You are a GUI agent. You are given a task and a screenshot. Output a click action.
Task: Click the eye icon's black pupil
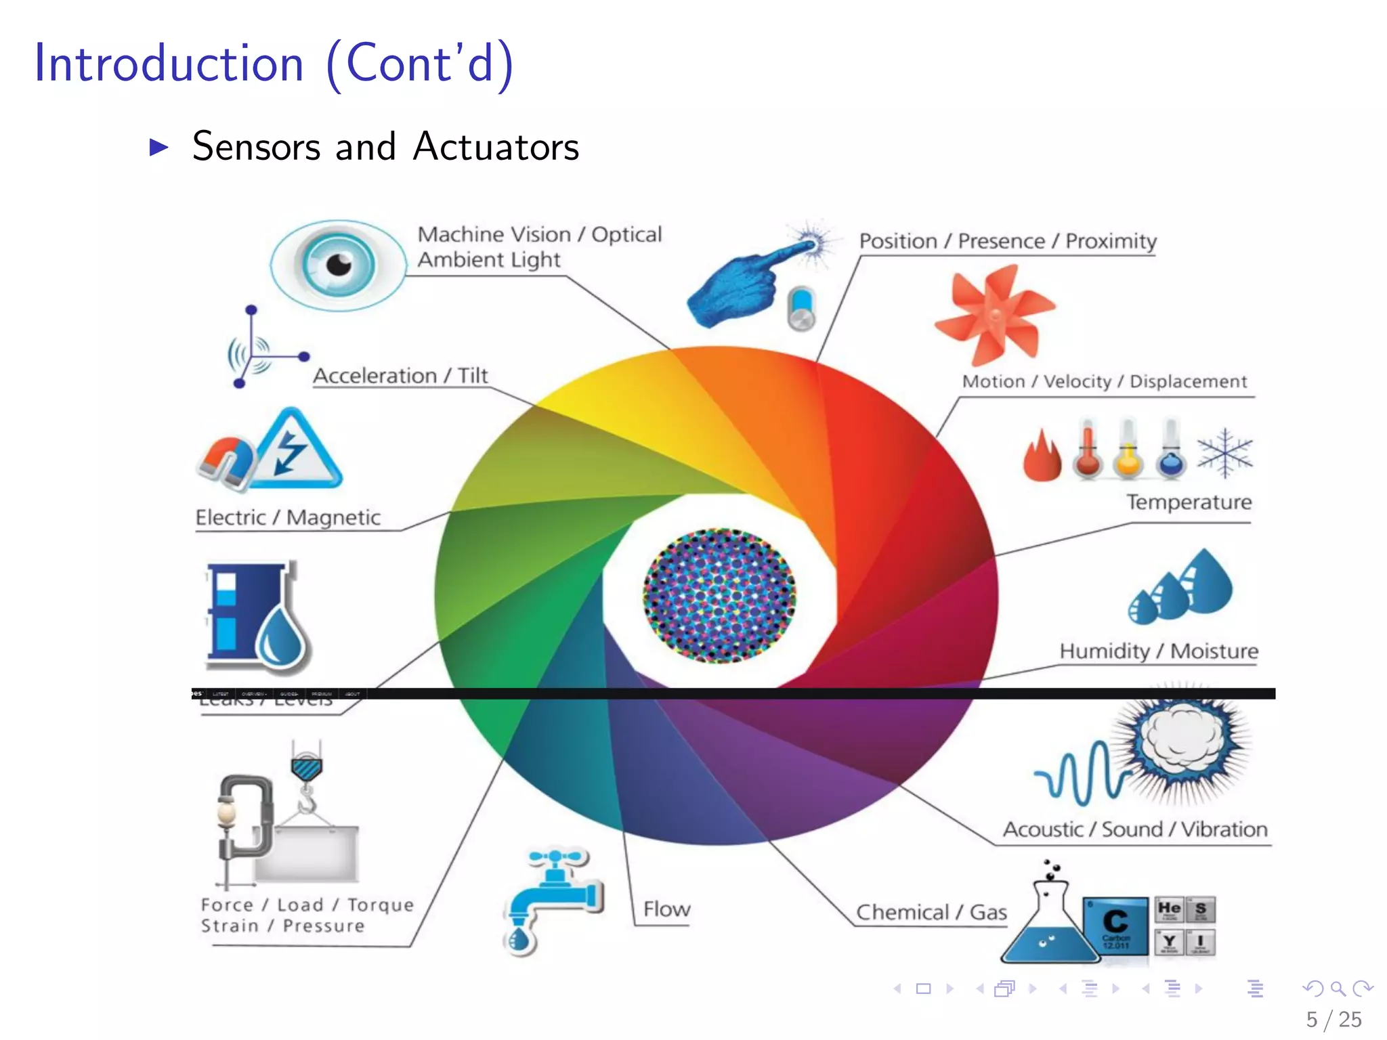pyautogui.click(x=339, y=264)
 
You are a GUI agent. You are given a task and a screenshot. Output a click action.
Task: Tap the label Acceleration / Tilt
pyautogui.click(x=400, y=376)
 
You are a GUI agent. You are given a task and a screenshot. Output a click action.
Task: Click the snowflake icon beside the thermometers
pyautogui.click(x=1224, y=452)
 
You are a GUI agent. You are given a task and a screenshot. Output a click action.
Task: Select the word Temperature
pyautogui.click(x=1189, y=502)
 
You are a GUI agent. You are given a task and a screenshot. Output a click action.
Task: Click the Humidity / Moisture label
pyautogui.click(x=1159, y=651)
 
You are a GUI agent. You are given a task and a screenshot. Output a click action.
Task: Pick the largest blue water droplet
pyautogui.click(x=1207, y=582)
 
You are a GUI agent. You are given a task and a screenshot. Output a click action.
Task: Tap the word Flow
pyautogui.click(x=666, y=909)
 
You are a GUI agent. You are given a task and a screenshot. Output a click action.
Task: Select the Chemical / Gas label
pyautogui.click(x=931, y=913)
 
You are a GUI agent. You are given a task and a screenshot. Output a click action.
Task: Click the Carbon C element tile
pyautogui.click(x=1115, y=925)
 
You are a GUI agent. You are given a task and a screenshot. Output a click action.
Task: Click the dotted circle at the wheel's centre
pyautogui.click(x=719, y=595)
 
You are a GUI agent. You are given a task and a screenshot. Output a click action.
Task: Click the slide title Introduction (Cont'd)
pyautogui.click(x=274, y=64)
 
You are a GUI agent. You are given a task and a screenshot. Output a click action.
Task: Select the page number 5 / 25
pyautogui.click(x=1333, y=1020)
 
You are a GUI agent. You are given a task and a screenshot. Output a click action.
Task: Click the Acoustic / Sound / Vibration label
pyautogui.click(x=1135, y=829)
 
